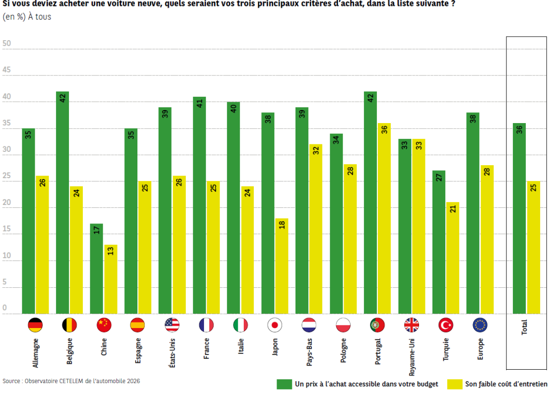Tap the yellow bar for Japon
[x=282, y=266]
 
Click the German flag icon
[x=35, y=325]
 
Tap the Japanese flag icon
[x=275, y=325]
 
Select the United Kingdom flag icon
[x=412, y=325]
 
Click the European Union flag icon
[x=480, y=325]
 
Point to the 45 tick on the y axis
[x=6, y=70]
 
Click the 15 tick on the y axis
[x=6, y=229]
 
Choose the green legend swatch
[x=284, y=384]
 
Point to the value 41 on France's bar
[x=199, y=104]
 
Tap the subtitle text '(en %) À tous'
[x=27, y=17]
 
